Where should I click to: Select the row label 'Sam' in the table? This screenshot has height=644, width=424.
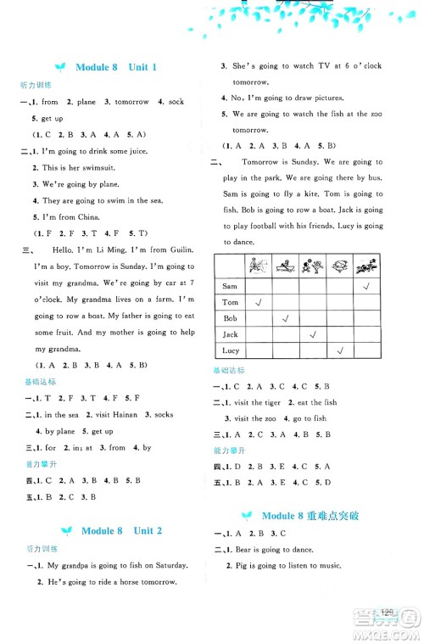click(228, 287)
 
